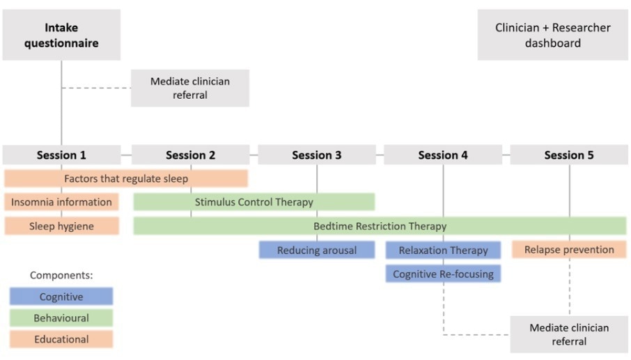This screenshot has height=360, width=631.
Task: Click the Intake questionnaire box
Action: point(61,35)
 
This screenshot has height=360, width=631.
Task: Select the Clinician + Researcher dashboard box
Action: point(552,35)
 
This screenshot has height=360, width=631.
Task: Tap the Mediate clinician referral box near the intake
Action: point(189,88)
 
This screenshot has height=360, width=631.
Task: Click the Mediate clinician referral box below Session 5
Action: point(569,334)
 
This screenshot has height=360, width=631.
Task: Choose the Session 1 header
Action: point(61,155)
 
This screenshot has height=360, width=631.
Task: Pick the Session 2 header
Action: point(190,155)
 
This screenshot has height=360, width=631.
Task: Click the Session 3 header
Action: point(316,155)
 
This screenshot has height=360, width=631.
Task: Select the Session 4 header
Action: point(442,155)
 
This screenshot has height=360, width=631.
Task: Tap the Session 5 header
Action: point(568,155)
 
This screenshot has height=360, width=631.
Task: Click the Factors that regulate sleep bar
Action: point(126,178)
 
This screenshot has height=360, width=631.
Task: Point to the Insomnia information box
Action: point(61,202)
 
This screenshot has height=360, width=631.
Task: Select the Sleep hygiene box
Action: point(61,226)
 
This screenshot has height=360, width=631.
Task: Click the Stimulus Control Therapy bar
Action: point(254,202)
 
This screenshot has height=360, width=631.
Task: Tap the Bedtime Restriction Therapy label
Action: point(380,226)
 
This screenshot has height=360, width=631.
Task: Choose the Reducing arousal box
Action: point(316,250)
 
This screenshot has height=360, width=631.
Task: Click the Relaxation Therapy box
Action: point(443,250)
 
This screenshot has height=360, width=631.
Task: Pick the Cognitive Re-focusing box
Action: point(443,274)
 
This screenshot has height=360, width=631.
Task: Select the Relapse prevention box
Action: point(569,249)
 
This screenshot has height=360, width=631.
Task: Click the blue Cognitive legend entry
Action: point(61,297)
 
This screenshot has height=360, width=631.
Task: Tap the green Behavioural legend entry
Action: point(61,318)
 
